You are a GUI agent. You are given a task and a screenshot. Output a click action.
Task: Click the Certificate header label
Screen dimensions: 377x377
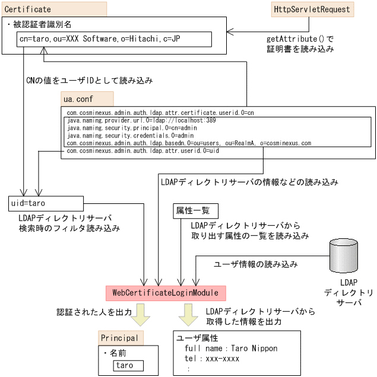[x=28, y=9]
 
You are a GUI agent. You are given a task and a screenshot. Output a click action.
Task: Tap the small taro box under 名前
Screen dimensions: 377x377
[x=124, y=366]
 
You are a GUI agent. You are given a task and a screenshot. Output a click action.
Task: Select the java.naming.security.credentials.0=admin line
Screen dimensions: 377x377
[x=127, y=136]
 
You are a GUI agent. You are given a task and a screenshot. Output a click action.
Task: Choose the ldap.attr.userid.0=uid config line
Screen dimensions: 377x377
[x=145, y=152]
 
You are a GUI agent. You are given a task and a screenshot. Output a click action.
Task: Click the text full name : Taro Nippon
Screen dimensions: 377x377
[x=231, y=348]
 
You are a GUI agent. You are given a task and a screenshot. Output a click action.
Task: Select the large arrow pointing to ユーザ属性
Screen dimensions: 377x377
[x=189, y=314]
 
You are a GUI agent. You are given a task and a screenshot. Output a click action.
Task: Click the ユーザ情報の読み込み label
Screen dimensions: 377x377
[x=255, y=264]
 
